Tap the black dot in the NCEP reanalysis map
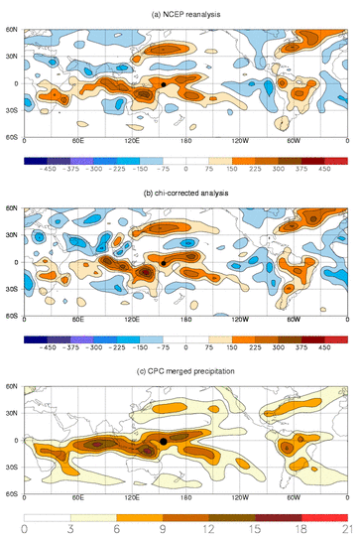click(164, 84)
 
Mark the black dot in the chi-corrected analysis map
click(164, 262)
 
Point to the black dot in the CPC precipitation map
click(164, 440)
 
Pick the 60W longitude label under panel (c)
click(294, 499)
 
